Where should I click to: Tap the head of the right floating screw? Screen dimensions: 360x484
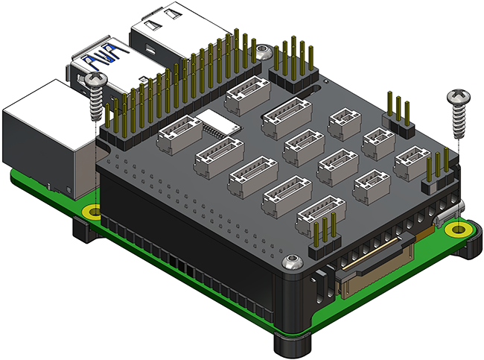[457, 97]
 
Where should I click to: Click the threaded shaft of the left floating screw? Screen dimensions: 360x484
[95, 104]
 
